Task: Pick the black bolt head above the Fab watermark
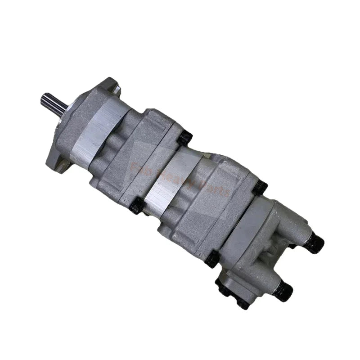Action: tap(184, 138)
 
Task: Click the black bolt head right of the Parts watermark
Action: tap(260, 187)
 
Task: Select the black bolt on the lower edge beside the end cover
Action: tap(211, 258)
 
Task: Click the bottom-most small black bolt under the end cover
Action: tap(243, 303)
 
